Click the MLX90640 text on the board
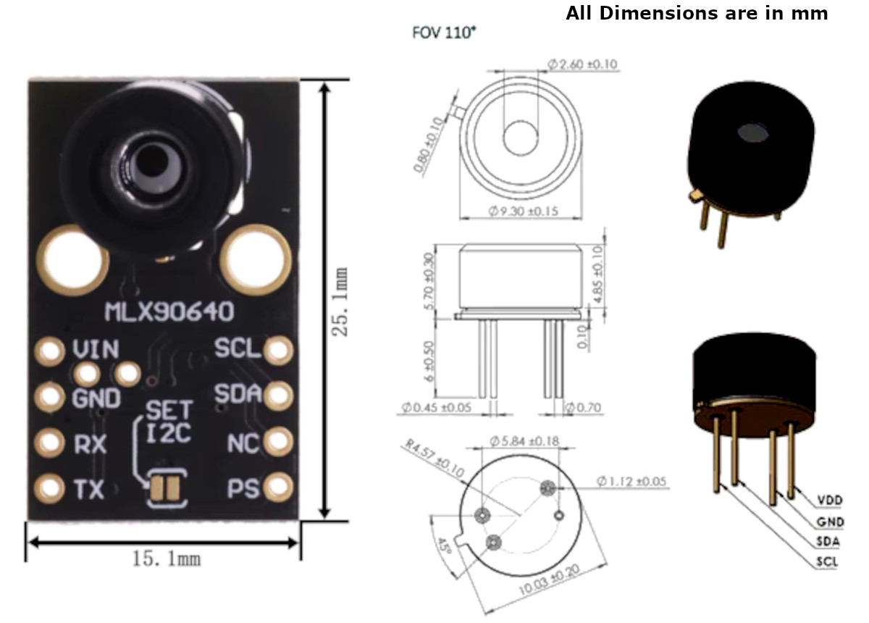(x=169, y=313)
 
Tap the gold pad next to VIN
(x=50, y=351)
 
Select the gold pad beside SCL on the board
(x=277, y=351)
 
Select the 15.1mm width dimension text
(x=166, y=559)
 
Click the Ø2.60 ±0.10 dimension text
(x=582, y=64)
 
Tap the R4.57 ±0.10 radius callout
(x=432, y=460)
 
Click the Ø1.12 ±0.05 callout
(x=631, y=480)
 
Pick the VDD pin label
(x=830, y=501)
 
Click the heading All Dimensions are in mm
(x=697, y=13)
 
